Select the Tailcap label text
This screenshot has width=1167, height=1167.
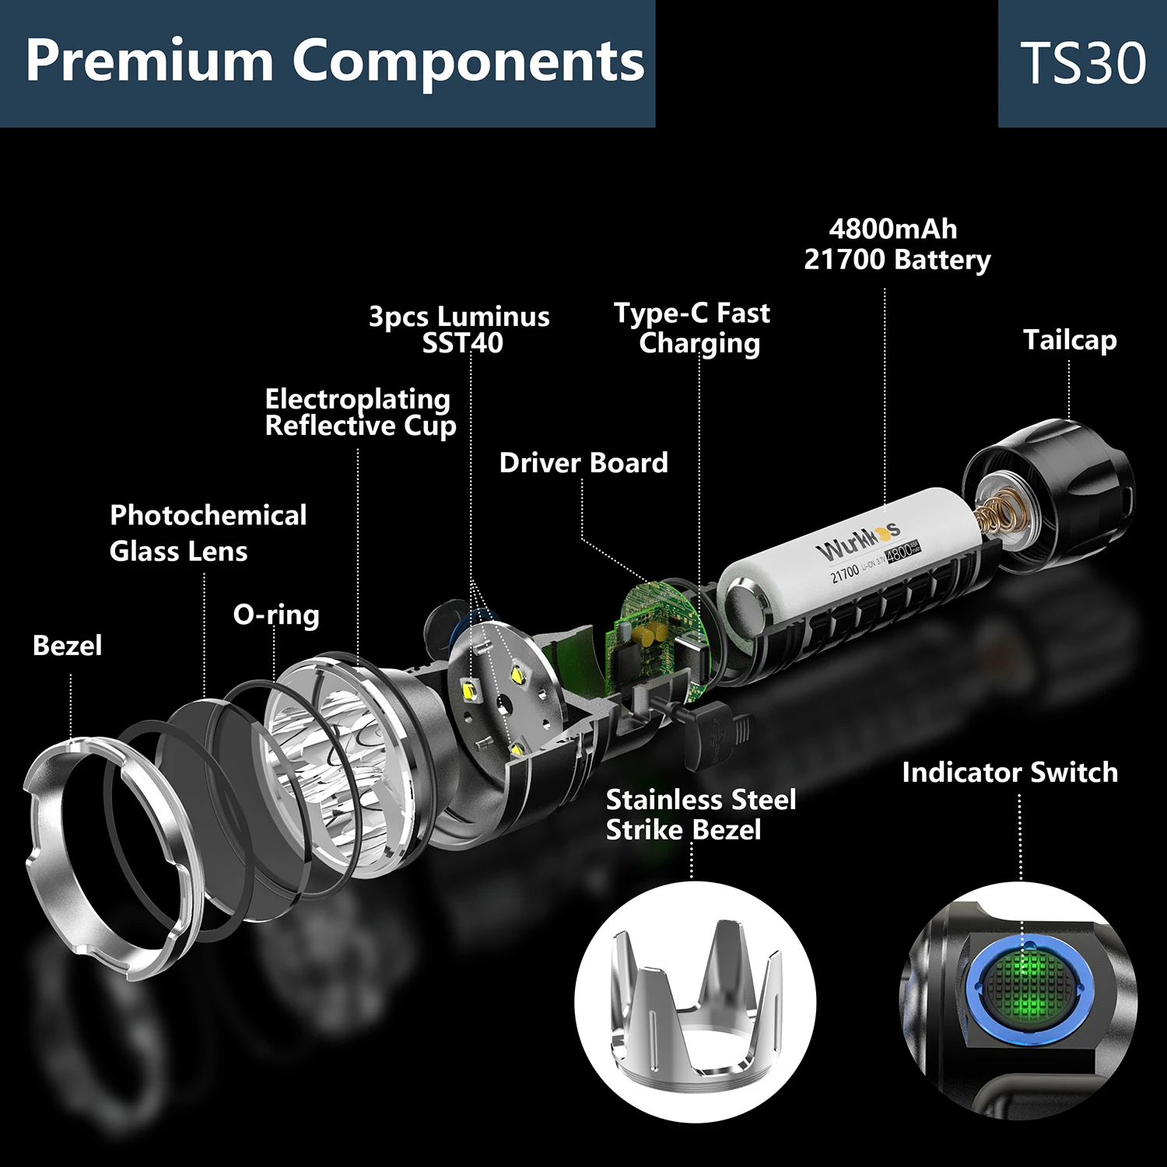[x=1070, y=340]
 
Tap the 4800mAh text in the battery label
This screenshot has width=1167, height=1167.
[x=893, y=230]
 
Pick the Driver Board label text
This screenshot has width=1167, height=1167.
[x=583, y=463]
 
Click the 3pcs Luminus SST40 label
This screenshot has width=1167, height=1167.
[x=460, y=329]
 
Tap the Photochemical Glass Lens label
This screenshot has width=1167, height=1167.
[x=207, y=533]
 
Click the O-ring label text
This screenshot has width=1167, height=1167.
[x=276, y=615]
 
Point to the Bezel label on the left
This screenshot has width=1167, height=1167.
[x=67, y=645]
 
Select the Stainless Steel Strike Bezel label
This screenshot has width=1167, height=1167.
[x=700, y=815]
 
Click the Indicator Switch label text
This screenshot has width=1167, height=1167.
[x=1010, y=772]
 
